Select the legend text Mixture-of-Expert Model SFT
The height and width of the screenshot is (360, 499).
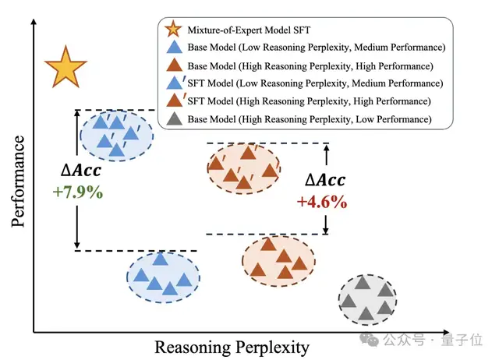tap(247, 30)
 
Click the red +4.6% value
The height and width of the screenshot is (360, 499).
tap(320, 201)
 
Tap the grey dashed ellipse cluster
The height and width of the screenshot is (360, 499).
tap(368, 298)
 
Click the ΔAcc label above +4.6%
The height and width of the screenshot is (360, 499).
tap(324, 181)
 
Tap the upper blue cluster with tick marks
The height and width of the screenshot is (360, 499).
tap(116, 133)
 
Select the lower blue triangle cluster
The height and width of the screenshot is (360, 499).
tap(161, 275)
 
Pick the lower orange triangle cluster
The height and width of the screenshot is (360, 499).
tap(278, 258)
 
